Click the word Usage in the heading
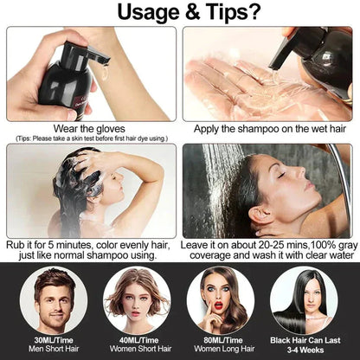coord(131,15)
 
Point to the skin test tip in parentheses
coord(91,138)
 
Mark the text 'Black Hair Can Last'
coord(304,339)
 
